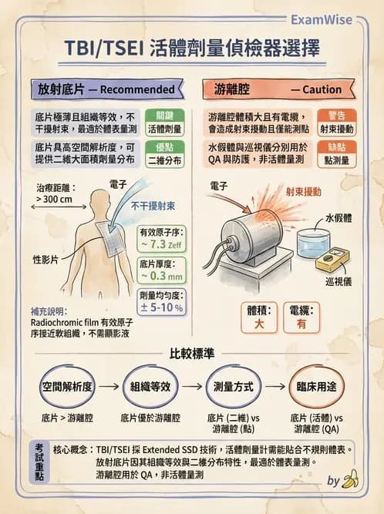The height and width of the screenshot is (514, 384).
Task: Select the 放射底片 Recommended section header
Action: tap(102, 89)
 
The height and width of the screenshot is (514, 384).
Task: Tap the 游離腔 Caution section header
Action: tap(279, 89)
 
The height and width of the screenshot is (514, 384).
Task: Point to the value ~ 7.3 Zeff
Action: tap(162, 244)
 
